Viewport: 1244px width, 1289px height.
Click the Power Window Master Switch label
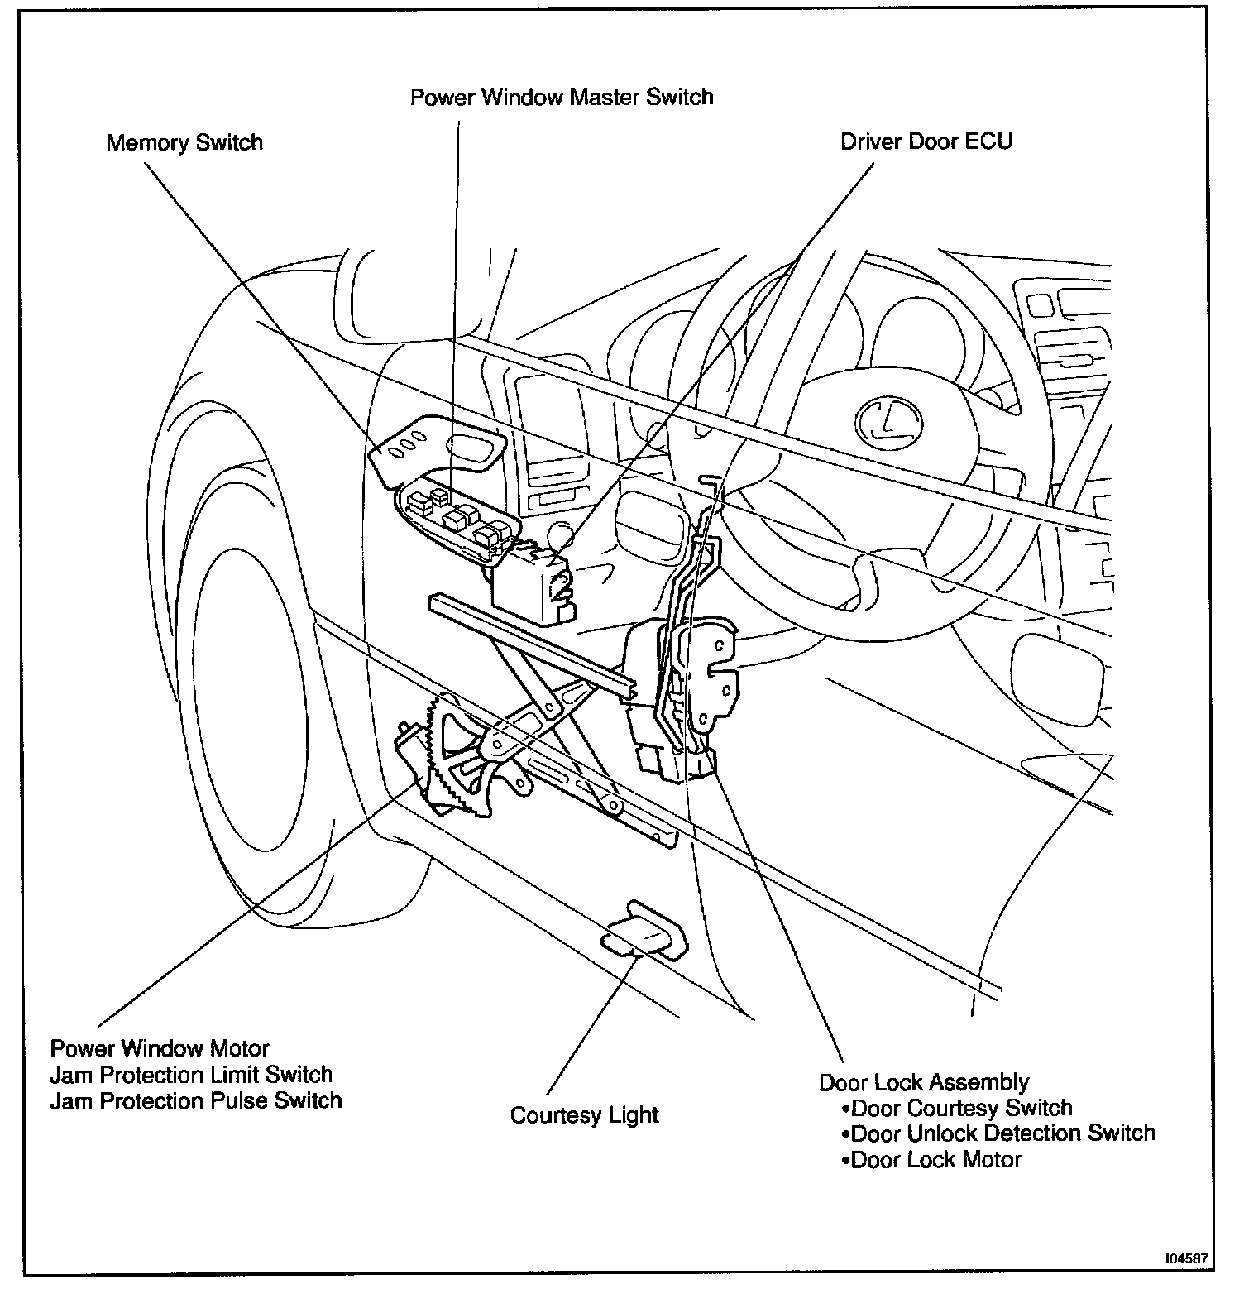(562, 98)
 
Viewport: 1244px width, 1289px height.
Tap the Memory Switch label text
(184, 143)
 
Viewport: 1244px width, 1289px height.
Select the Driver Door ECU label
(926, 141)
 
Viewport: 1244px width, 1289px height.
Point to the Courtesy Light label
(584, 1115)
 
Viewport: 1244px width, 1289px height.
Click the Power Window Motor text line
(160, 1048)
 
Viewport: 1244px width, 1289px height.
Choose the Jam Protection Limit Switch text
(191, 1075)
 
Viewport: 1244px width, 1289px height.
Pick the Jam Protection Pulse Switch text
(196, 1101)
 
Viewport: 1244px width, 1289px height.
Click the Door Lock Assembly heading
(924, 1082)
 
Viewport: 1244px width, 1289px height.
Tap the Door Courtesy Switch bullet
(956, 1108)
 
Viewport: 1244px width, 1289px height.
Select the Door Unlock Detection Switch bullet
(998, 1133)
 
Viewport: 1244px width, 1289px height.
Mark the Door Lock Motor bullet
(931, 1160)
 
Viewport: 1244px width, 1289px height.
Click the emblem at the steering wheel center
(882, 420)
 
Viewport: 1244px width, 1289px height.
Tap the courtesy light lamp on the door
(646, 929)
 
